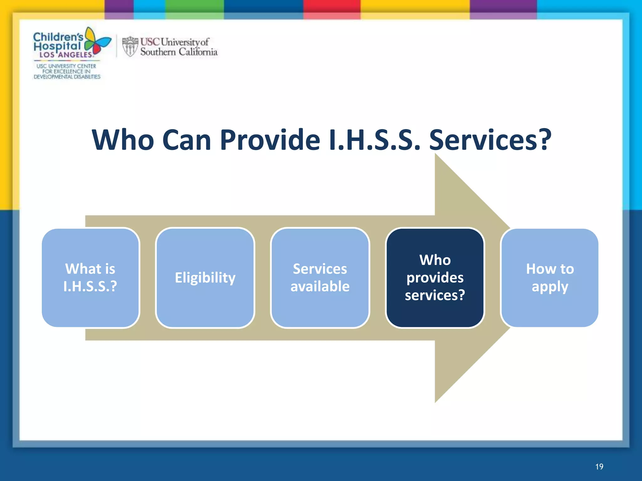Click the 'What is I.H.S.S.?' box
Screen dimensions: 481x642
pyautogui.click(x=90, y=278)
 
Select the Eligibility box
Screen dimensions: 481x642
pyautogui.click(x=205, y=278)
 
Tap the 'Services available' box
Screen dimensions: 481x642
pyautogui.click(x=320, y=278)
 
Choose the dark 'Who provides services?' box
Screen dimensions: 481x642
pyautogui.click(x=435, y=278)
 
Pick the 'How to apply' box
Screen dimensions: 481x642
pyautogui.click(x=550, y=278)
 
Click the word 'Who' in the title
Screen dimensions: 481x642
pyautogui.click(x=123, y=140)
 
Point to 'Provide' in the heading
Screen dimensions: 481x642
pyautogui.click(x=270, y=140)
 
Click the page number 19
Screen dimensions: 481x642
pyautogui.click(x=599, y=467)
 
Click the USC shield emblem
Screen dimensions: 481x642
pyautogui.click(x=130, y=46)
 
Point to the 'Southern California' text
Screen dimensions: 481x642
pyautogui.click(x=179, y=52)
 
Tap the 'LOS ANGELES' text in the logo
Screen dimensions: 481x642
pyautogui.click(x=66, y=55)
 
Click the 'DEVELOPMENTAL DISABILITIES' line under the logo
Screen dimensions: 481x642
pyautogui.click(x=67, y=77)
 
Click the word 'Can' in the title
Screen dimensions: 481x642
pyautogui.click(x=187, y=140)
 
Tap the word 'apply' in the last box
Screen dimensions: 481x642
pyautogui.click(x=550, y=287)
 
